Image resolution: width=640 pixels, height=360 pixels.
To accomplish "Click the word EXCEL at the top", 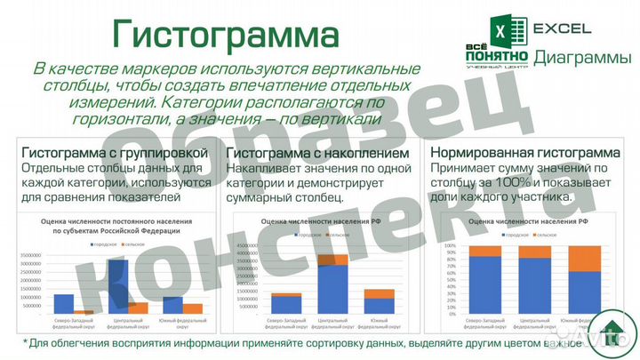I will click(562, 28).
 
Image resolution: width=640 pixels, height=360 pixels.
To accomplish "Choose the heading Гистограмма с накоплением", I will click(318, 152).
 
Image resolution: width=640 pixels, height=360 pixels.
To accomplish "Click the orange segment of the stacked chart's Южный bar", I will click(380, 293).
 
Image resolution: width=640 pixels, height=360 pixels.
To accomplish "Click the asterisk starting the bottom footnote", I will click(26, 342).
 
